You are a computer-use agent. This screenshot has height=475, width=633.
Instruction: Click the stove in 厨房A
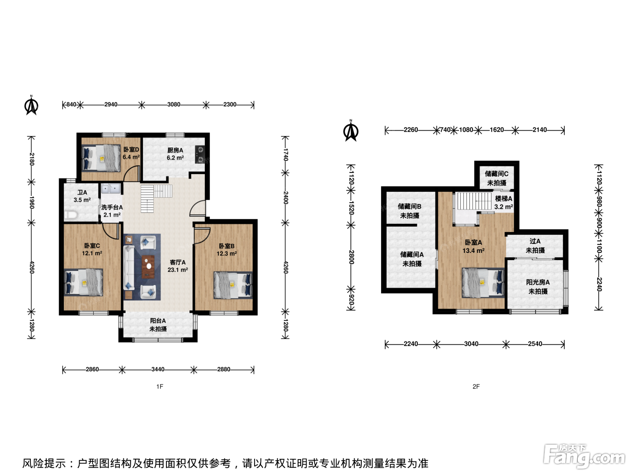point(200,154)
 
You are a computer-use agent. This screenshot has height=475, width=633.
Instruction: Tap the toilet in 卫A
point(71,215)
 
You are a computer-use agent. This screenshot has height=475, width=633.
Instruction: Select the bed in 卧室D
point(101,158)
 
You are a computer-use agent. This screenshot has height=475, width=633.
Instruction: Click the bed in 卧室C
point(83,282)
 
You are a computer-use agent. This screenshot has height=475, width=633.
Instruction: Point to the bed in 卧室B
point(233,285)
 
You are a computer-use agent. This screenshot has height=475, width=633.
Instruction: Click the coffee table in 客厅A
point(148,266)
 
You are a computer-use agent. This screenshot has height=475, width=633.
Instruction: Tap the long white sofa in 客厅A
point(129,267)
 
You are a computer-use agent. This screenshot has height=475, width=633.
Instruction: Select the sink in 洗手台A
point(111,189)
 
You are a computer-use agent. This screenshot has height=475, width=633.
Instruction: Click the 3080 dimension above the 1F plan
point(174,104)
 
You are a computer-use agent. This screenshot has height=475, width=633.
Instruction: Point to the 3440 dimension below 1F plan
point(158,369)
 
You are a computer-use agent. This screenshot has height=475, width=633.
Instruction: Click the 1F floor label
point(160,386)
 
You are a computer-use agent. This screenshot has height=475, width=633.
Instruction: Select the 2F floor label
point(476,386)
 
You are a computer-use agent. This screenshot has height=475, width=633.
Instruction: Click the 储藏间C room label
point(496,174)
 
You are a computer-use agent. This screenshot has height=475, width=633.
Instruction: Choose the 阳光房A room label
point(538,282)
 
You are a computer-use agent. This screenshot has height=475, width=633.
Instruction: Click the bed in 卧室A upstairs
point(483,283)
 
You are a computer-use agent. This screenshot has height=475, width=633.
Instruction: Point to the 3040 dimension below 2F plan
point(471,344)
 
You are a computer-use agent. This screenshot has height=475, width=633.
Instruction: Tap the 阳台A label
point(158,321)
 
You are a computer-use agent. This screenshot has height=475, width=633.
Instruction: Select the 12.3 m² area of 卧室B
point(227,253)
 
